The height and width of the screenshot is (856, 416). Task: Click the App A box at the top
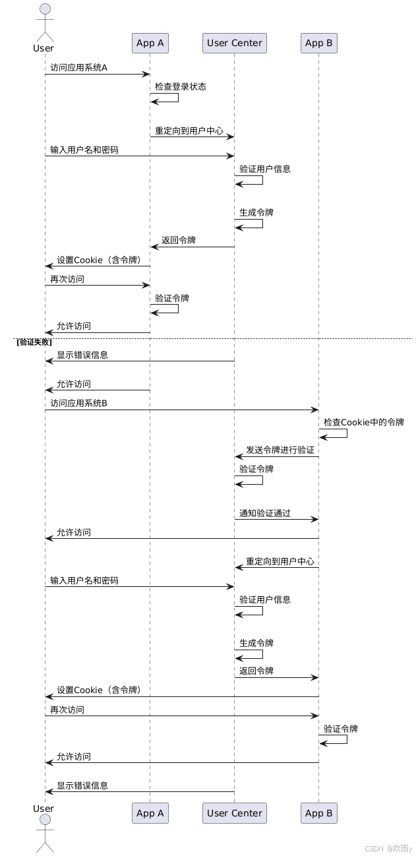[150, 43]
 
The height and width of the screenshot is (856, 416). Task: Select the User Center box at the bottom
[235, 813]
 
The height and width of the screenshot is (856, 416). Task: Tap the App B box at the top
[319, 43]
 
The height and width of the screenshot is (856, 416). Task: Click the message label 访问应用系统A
[78, 67]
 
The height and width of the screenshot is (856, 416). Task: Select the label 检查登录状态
[181, 86]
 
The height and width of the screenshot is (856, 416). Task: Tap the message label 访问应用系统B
[78, 403]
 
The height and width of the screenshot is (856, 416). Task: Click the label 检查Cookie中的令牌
[364, 421]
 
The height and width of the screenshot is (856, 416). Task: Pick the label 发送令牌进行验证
[280, 450]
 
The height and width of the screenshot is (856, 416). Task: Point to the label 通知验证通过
[265, 512]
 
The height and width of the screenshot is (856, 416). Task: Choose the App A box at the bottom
[150, 813]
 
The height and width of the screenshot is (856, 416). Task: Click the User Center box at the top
[235, 43]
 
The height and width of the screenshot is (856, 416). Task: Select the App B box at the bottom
[319, 813]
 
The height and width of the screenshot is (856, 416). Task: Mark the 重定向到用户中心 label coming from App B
[280, 561]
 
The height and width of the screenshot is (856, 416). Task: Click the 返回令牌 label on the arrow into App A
[179, 240]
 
